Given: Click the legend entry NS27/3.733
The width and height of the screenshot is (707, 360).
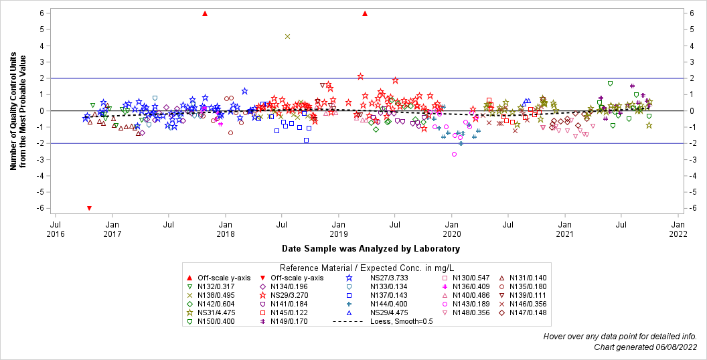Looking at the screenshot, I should coord(385,278).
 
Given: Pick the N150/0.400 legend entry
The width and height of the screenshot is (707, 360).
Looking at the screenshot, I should coord(216,321).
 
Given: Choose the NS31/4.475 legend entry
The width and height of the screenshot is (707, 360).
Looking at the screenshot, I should coord(216,312).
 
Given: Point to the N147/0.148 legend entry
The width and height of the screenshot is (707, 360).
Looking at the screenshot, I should coord(528,312).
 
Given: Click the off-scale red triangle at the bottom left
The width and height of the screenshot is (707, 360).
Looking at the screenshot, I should coord(89,208).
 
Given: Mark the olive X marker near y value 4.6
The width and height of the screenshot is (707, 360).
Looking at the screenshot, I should coord(287,36).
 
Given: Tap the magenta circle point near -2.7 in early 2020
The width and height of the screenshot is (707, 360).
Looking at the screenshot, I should coord(454,154).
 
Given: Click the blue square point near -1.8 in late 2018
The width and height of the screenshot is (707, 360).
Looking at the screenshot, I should coord(306,140).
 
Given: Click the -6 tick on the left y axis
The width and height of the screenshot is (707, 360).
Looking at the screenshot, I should coord(41,208).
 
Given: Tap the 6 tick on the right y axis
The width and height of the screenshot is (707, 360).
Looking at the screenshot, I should coord(697,13).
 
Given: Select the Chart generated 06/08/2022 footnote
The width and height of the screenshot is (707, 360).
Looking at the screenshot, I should coord(645,347).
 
